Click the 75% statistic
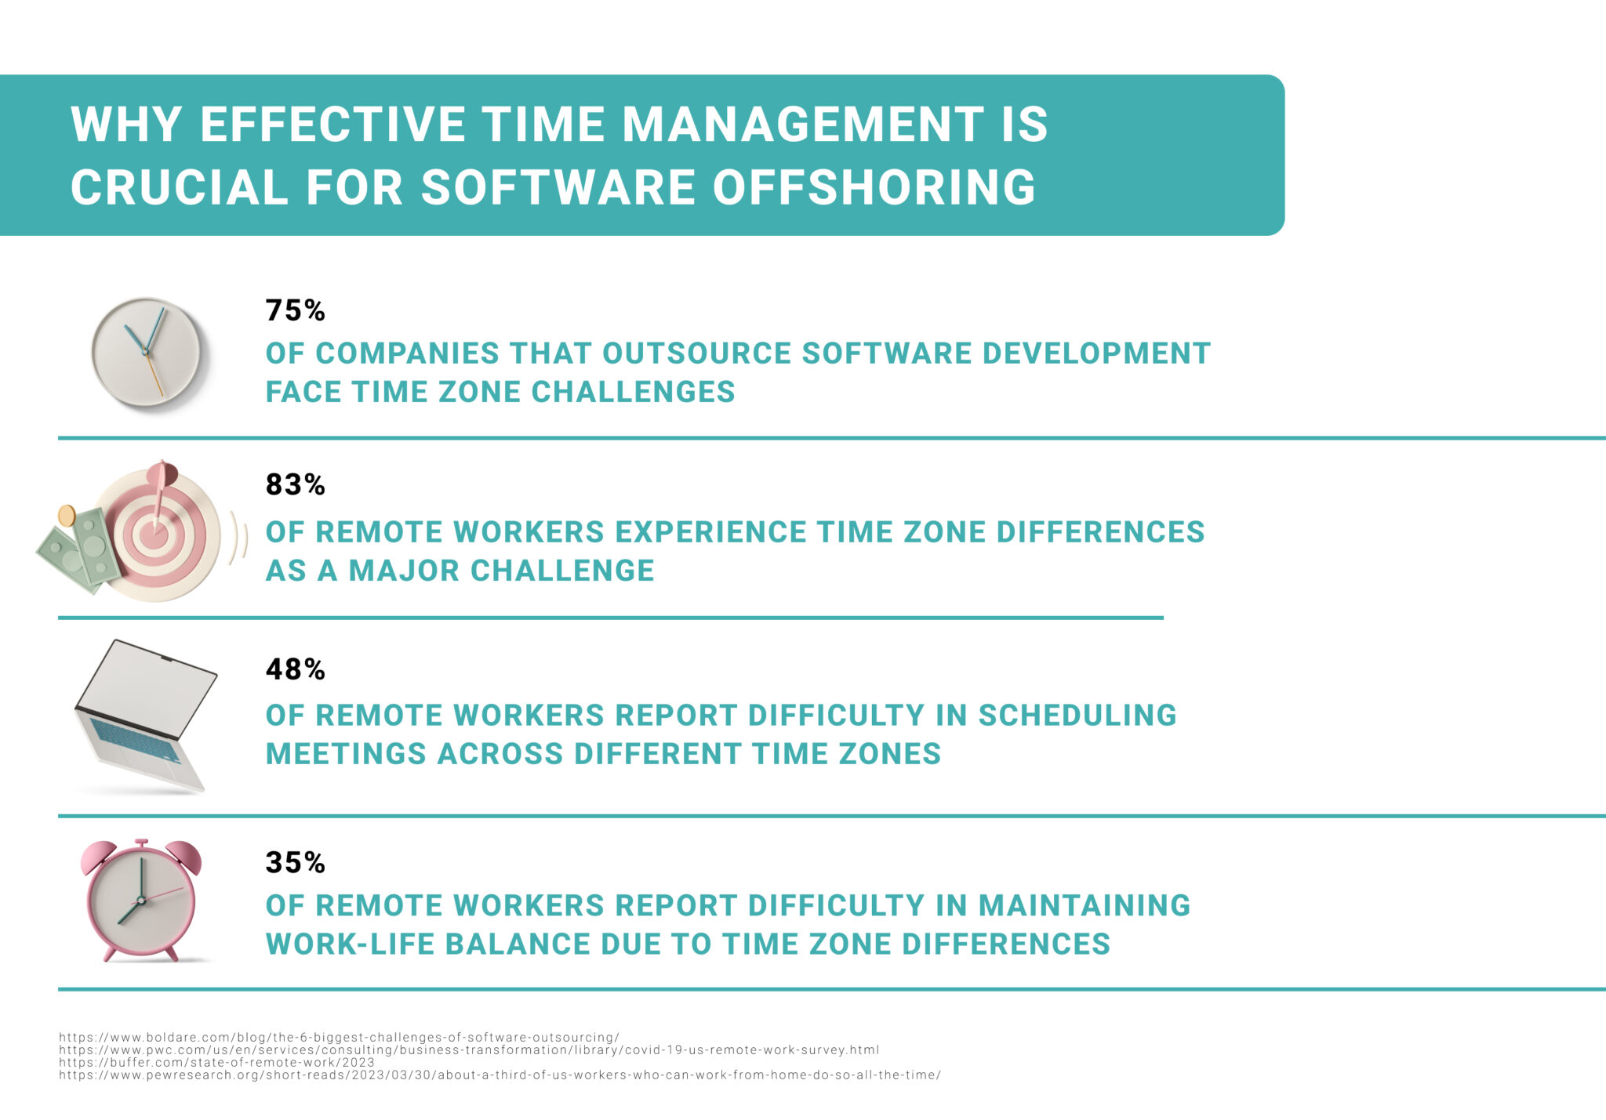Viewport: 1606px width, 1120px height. pos(295,310)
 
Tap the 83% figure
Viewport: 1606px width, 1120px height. pos(295,484)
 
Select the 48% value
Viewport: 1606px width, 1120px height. pos(295,669)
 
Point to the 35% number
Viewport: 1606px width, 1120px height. pos(295,862)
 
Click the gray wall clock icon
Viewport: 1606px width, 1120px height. pos(146,353)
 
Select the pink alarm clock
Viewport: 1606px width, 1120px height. pos(141,901)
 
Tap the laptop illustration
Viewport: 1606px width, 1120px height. pos(145,713)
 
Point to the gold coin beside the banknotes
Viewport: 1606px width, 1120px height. pos(67,516)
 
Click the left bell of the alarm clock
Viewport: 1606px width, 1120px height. pos(98,857)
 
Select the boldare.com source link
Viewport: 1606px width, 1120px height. pos(339,1037)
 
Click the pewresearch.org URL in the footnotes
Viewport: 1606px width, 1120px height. pos(500,1075)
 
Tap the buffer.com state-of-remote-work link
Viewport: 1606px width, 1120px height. pos(216,1063)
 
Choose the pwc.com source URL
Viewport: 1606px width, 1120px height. pos(468,1049)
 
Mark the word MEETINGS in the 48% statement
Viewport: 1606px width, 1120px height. pos(346,754)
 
